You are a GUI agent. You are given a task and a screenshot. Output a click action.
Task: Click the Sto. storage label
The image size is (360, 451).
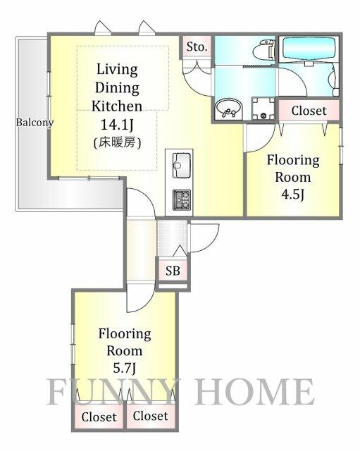[x=197, y=47]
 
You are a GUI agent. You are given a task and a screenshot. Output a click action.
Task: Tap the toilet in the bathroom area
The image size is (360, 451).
[x=264, y=49]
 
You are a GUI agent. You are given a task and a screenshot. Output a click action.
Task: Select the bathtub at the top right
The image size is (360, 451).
[x=309, y=49]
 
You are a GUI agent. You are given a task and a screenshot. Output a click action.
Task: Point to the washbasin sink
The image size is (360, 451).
[x=228, y=109]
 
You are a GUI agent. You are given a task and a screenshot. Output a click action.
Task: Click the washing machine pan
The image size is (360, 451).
[x=263, y=108]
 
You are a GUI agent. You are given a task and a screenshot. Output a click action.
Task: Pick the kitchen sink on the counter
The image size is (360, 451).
[x=181, y=166]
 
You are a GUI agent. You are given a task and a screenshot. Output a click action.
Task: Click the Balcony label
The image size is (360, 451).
[x=35, y=123]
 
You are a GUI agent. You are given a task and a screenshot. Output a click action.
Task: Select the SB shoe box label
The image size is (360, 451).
[x=173, y=271]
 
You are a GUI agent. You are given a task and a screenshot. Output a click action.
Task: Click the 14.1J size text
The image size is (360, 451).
[x=117, y=125]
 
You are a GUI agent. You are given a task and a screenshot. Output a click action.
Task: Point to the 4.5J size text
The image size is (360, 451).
[x=292, y=194]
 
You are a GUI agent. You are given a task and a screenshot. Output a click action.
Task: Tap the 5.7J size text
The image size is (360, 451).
[x=124, y=368]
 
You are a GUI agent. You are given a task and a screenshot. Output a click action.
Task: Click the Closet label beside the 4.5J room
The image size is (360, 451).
[x=309, y=111]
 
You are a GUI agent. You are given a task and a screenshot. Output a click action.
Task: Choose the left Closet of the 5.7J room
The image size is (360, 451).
[x=99, y=416]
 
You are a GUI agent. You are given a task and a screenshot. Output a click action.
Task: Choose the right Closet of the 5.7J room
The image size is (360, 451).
[x=150, y=416]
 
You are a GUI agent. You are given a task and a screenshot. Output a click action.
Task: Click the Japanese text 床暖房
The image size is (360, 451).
[x=117, y=142]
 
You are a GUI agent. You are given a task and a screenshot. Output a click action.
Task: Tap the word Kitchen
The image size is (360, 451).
[x=117, y=106]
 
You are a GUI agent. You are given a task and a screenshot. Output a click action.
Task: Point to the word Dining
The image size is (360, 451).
[x=117, y=87]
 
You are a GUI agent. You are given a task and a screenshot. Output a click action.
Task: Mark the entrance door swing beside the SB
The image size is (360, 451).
[x=204, y=238]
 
